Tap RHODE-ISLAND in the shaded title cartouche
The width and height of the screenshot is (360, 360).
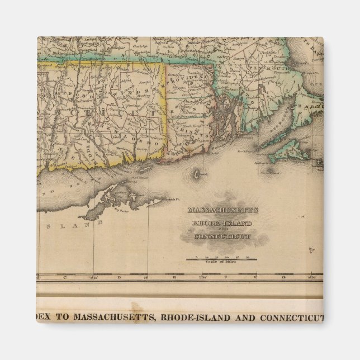(222, 224)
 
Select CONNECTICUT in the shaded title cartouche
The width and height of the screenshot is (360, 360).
(222, 236)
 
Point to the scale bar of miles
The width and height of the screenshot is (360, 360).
(222, 258)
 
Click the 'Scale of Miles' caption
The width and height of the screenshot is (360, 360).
(222, 262)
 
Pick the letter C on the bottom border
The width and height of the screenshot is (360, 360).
(65, 277)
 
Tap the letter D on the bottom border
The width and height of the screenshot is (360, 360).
(119, 277)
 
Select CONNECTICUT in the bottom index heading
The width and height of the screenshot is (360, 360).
(291, 318)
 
